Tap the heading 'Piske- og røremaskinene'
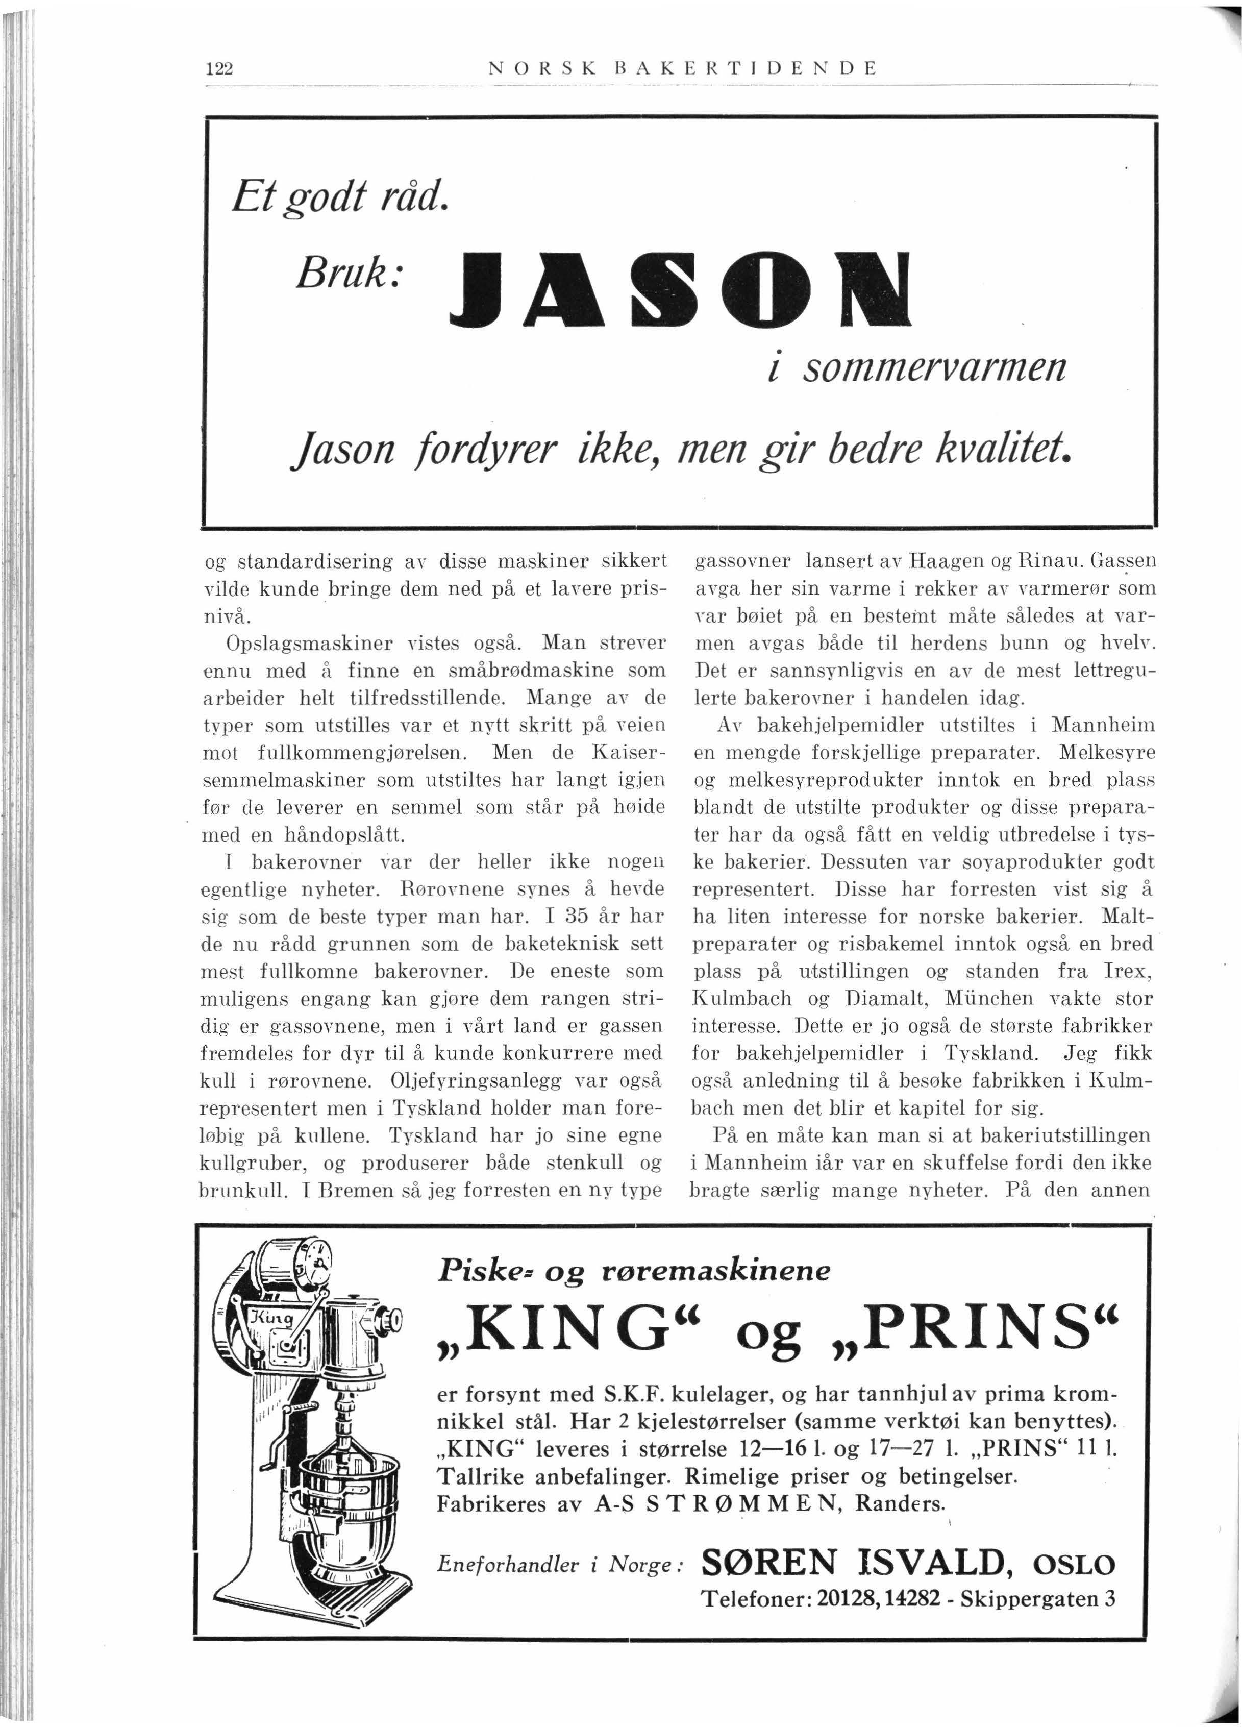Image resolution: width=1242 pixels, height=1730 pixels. coord(633,1271)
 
